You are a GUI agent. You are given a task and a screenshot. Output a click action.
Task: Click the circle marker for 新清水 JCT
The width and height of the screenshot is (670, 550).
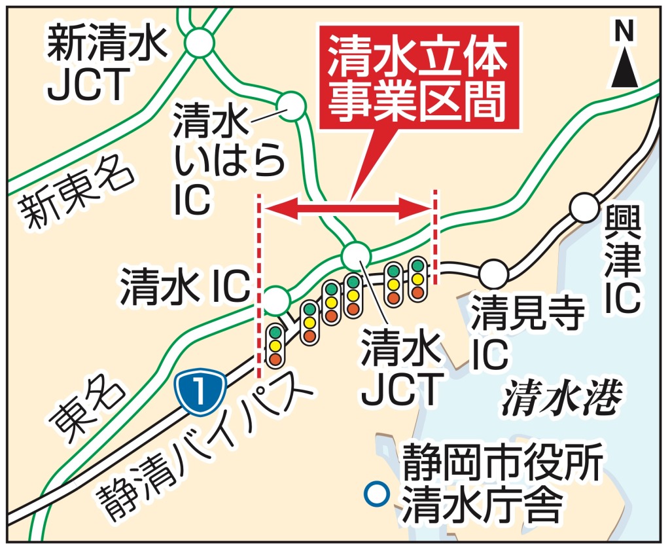pyautogui.click(x=200, y=43)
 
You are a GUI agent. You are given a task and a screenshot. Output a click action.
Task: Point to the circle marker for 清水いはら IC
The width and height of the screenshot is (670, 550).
pyautogui.click(x=292, y=105)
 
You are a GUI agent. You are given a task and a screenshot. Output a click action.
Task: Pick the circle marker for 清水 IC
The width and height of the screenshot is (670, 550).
pyautogui.click(x=277, y=301)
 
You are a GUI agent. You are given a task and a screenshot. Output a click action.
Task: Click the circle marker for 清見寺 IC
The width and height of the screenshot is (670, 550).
pyautogui.click(x=494, y=273)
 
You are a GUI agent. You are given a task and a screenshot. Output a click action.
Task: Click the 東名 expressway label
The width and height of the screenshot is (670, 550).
pyautogui.click(x=86, y=410)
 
